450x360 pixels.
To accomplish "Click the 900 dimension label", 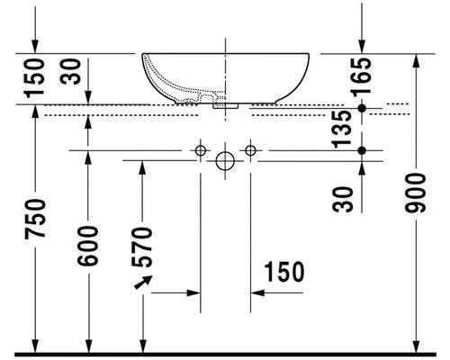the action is click(415, 193).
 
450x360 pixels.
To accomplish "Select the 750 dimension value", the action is click(35, 219).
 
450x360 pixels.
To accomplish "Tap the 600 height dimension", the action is click(87, 246).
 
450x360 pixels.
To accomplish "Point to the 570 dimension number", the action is click(142, 247).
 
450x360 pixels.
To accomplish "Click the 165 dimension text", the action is click(362, 77).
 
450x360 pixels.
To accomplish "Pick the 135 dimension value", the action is click(342, 130).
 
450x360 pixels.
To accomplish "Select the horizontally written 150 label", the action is click(284, 272).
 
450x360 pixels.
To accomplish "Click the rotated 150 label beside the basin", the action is click(35, 78).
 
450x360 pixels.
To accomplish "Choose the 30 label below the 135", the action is click(343, 200).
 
